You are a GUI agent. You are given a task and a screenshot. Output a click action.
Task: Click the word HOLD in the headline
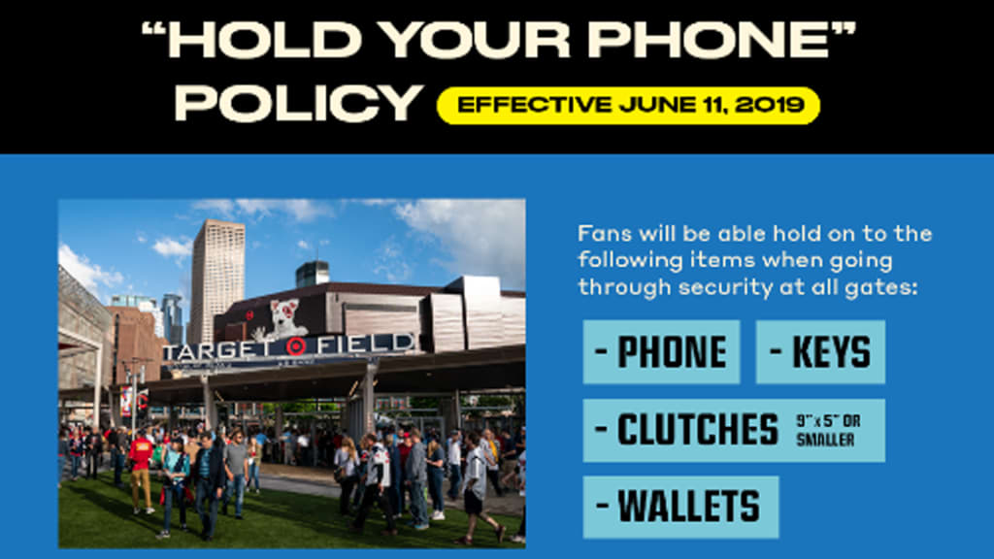264,40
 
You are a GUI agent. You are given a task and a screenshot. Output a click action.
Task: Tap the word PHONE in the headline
709,40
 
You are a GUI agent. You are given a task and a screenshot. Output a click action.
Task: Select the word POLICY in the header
299,103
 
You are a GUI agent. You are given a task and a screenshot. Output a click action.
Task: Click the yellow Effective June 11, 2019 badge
628,105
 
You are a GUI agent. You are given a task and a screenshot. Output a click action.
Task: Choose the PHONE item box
661,351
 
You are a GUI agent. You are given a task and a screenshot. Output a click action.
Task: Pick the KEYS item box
820,351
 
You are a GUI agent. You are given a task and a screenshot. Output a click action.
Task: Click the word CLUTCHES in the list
697,430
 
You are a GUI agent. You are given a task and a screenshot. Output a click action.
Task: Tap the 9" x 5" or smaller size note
828,430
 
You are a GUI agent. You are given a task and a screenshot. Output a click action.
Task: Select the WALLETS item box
680,507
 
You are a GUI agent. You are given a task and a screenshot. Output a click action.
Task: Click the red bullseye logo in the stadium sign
295,346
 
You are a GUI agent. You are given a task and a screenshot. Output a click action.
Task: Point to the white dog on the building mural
280,320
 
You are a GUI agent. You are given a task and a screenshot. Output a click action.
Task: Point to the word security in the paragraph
726,288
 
